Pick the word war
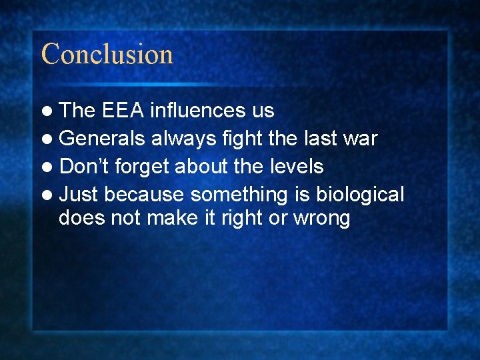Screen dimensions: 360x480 click(360, 139)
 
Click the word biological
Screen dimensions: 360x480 click(360, 195)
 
